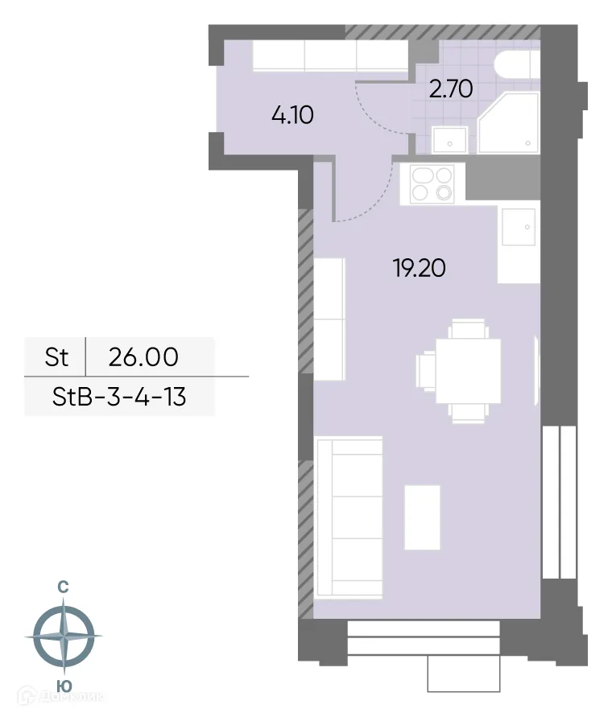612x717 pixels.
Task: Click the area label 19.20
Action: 419,268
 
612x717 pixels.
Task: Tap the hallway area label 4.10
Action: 292,115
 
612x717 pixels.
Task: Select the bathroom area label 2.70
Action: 450,89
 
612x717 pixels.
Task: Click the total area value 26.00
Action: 143,356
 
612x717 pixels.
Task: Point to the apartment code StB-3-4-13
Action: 120,396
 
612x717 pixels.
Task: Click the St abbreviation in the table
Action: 56,356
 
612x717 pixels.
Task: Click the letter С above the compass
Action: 63,587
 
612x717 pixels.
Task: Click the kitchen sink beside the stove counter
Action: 518,227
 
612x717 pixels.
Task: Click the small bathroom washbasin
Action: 449,140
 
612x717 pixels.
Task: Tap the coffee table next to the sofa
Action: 423,516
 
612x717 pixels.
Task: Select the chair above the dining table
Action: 468,330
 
